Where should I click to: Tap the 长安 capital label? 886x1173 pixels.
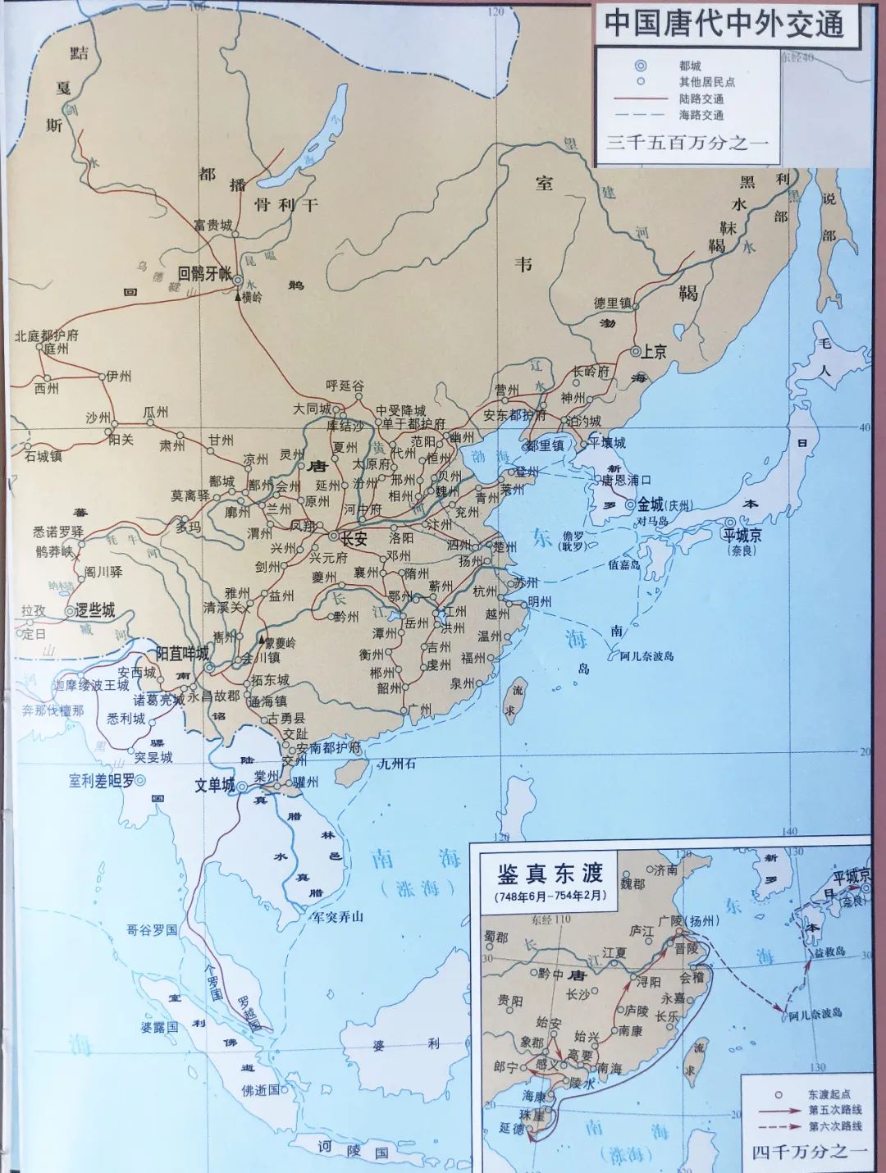tap(354, 539)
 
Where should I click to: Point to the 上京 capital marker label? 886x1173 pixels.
tap(653, 352)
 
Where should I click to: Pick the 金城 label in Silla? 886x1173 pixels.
tap(651, 504)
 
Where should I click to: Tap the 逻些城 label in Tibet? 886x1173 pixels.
tap(94, 610)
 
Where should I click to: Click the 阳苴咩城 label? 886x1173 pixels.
tap(182, 654)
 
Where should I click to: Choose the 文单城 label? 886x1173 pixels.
tap(215, 785)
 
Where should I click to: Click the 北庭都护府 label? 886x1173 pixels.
tap(47, 335)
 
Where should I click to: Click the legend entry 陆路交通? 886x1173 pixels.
tap(701, 98)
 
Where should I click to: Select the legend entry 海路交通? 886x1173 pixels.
tap(701, 115)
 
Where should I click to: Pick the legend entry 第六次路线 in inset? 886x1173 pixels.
tap(834, 1127)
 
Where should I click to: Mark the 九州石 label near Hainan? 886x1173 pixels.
tap(396, 764)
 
